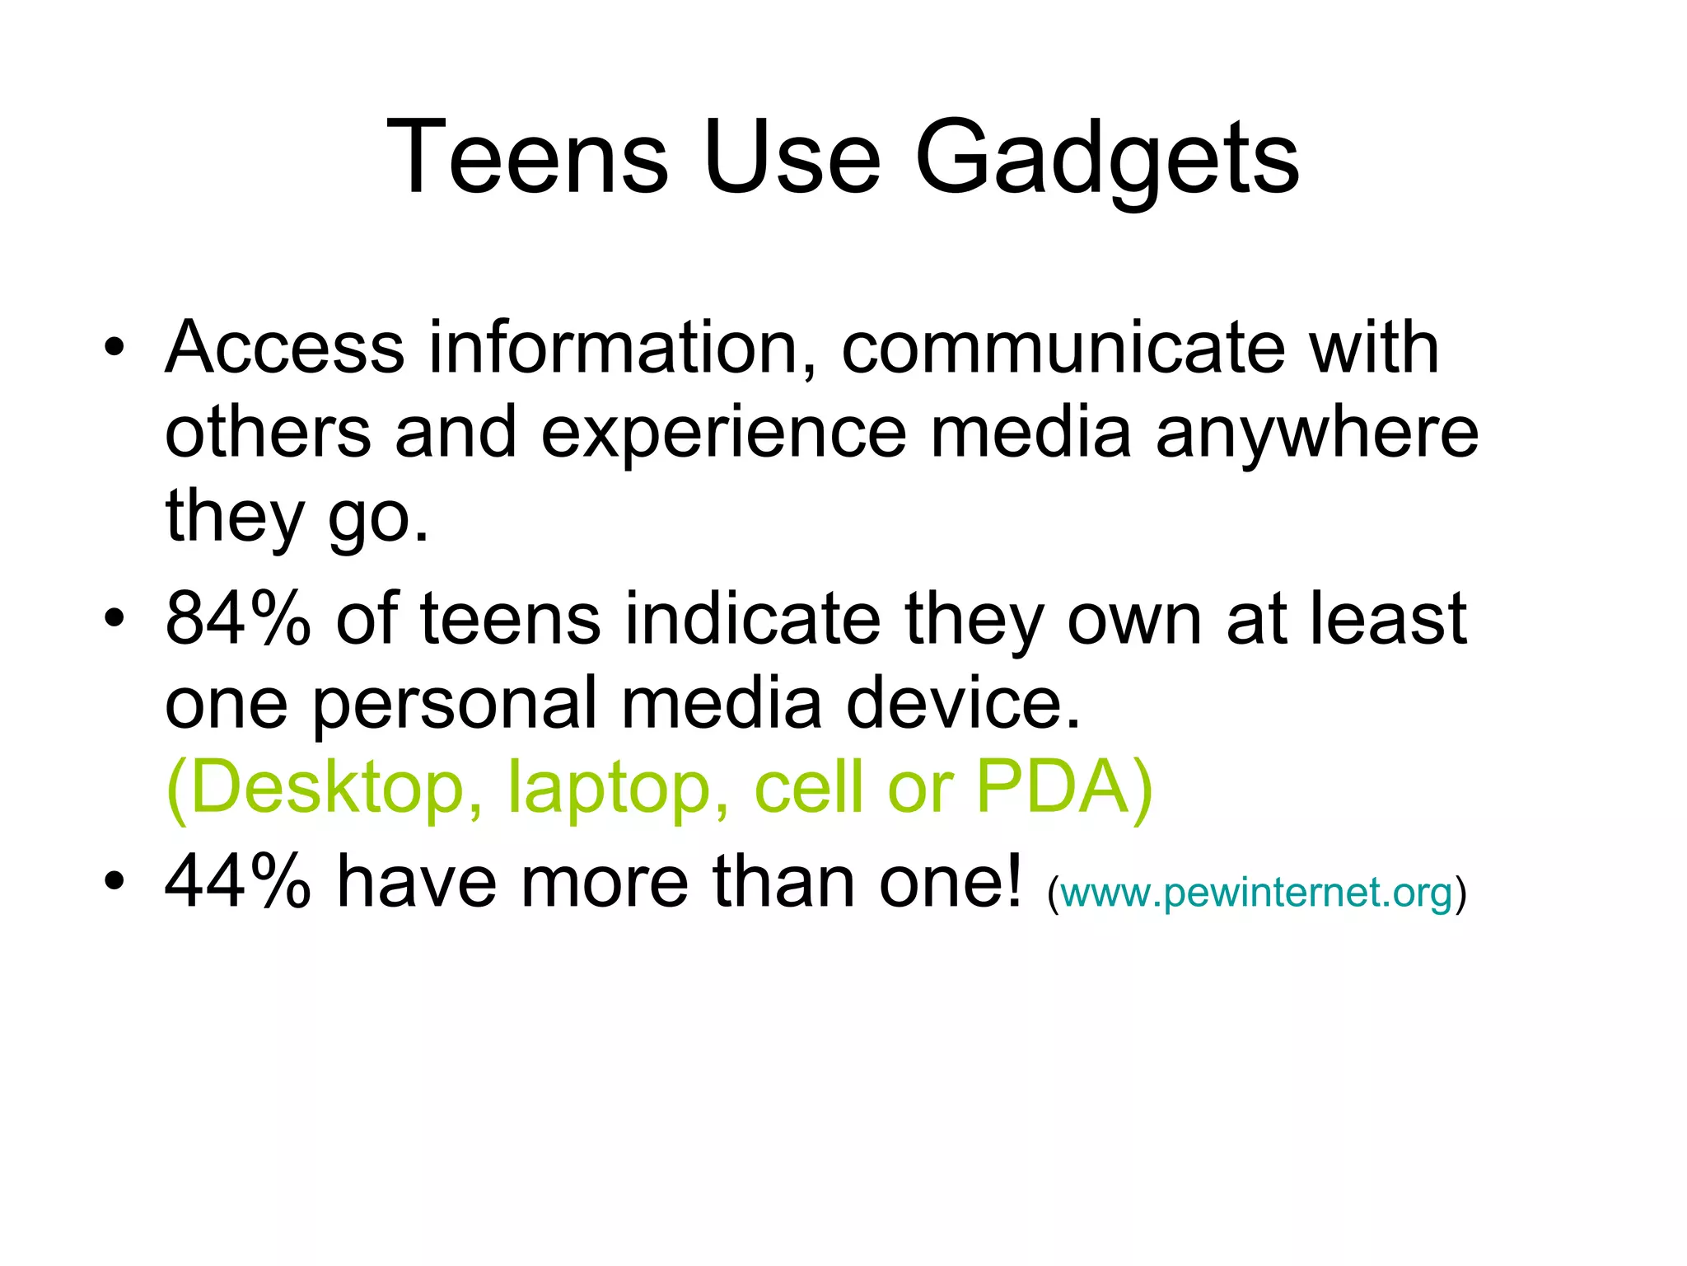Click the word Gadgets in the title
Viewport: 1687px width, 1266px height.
point(1106,158)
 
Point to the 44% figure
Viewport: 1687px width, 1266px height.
point(238,882)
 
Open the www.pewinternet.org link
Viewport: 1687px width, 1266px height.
point(1256,893)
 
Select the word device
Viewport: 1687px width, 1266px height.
point(963,702)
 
